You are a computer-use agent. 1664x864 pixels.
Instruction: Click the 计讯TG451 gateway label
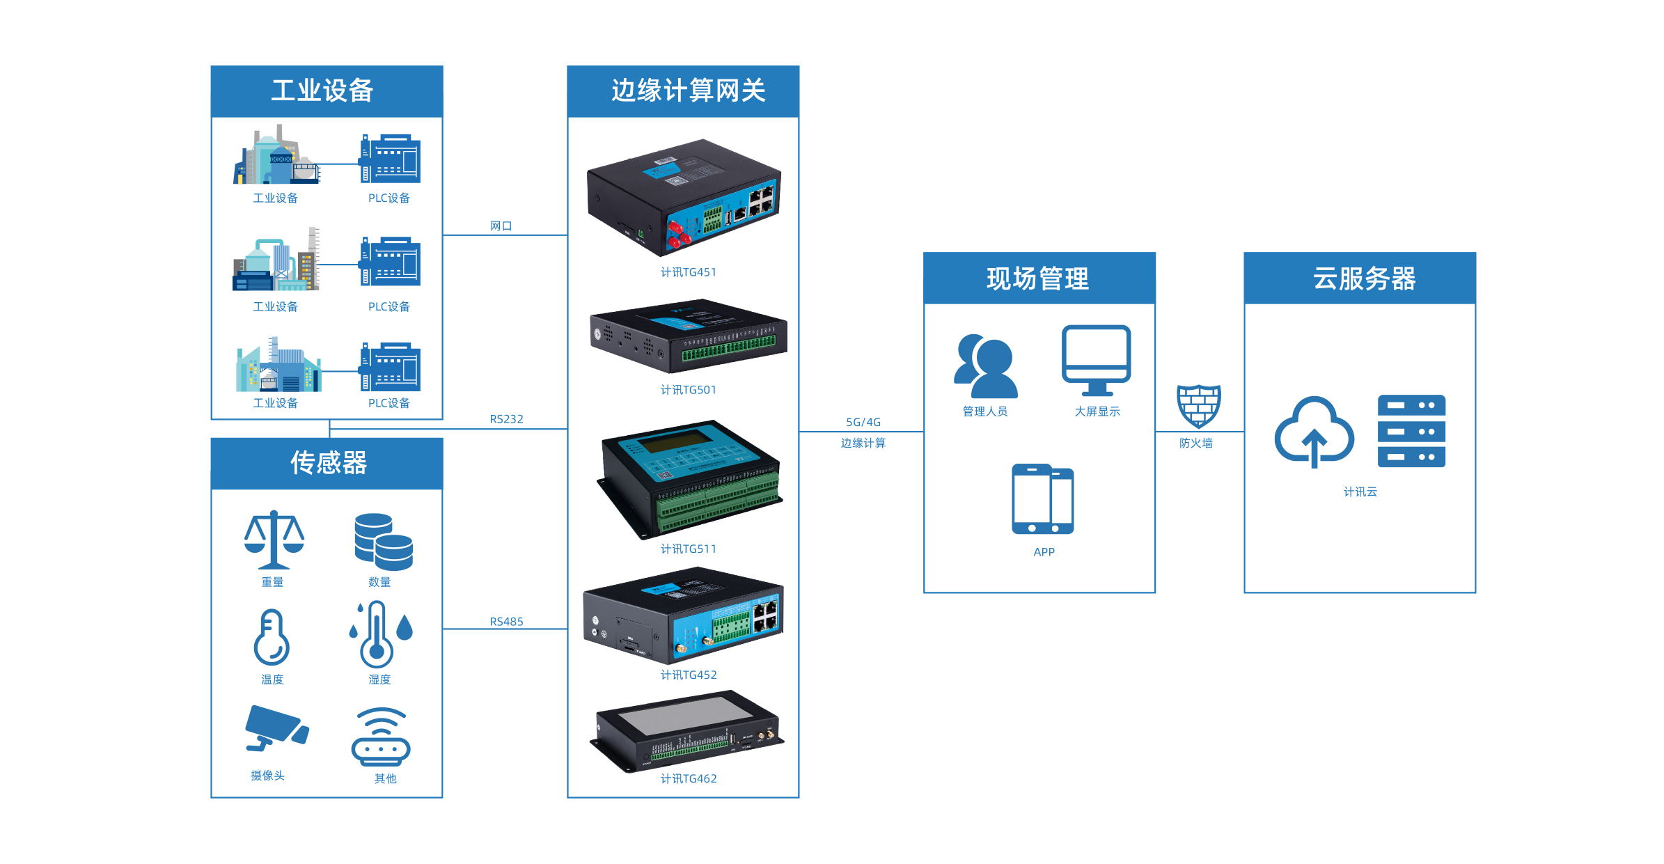tap(688, 272)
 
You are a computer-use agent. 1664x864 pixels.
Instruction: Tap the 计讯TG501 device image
tap(688, 336)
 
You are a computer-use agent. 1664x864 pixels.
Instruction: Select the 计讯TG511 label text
tap(688, 549)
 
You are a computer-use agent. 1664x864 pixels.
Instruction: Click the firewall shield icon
tap(1198, 406)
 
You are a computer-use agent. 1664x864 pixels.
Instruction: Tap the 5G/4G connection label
tap(863, 422)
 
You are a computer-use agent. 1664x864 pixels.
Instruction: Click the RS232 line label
tap(506, 419)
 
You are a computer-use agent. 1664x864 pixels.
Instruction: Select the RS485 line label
tap(506, 622)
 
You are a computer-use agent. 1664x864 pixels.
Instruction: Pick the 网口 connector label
tap(501, 226)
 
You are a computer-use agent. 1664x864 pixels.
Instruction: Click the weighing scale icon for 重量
tap(274, 540)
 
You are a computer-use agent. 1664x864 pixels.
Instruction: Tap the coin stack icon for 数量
tap(383, 542)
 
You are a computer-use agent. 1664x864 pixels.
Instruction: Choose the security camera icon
tap(276, 728)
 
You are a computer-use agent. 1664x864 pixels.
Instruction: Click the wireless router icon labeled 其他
tap(381, 737)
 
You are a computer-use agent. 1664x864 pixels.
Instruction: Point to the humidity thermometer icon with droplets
tap(380, 634)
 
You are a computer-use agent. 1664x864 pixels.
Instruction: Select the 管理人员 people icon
tap(984, 366)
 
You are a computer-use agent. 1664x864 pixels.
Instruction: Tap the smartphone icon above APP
tap(1042, 499)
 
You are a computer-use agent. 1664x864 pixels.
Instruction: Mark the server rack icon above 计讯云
tap(1411, 431)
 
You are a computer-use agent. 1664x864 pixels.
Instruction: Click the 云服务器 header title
tap(1364, 278)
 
